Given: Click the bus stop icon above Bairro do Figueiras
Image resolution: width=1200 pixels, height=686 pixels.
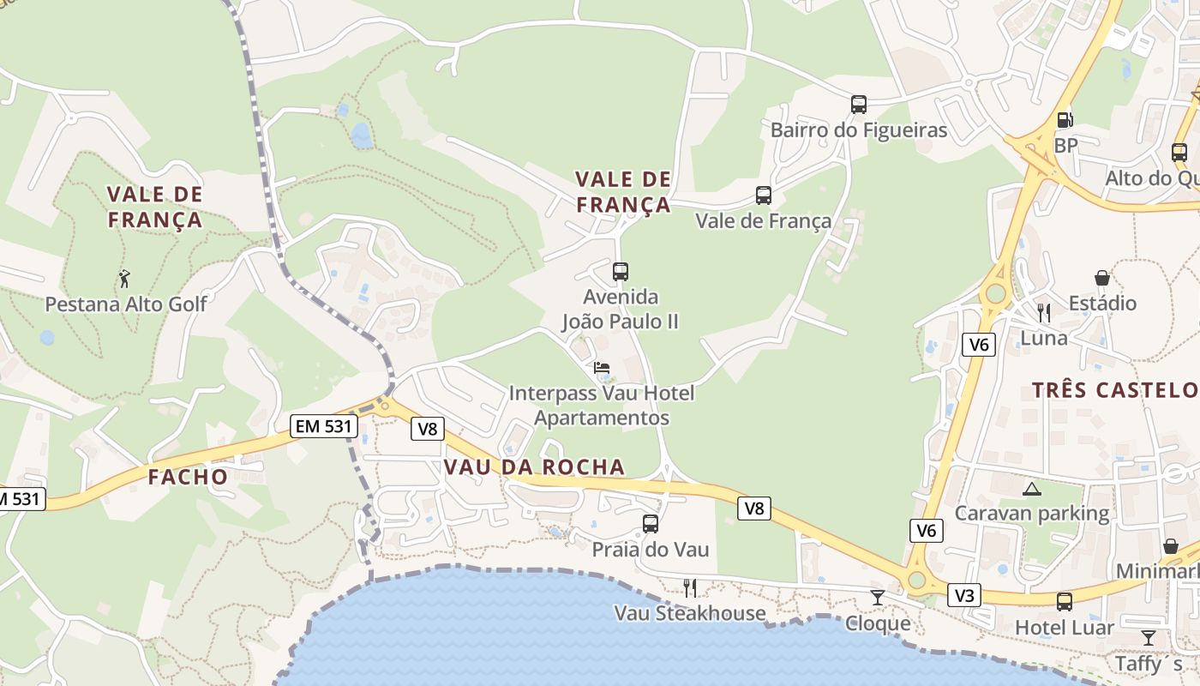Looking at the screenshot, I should click(x=859, y=105).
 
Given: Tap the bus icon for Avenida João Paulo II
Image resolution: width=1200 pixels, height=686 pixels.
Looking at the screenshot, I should click(x=621, y=272).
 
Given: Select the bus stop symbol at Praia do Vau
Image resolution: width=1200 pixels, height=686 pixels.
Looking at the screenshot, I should click(x=651, y=523).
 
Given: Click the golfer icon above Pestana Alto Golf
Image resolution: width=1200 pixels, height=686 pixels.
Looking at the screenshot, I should click(x=125, y=279).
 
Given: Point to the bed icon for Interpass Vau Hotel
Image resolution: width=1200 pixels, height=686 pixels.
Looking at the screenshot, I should click(x=602, y=368).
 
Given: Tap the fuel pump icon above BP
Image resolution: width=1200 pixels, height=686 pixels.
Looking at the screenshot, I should click(x=1065, y=121).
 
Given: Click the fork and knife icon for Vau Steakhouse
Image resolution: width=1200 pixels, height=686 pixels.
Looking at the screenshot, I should click(x=689, y=587).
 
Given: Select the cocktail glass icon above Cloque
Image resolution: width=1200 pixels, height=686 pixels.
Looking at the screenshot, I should click(x=877, y=597).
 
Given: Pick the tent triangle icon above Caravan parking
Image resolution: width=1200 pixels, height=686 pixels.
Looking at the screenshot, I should click(x=1031, y=489).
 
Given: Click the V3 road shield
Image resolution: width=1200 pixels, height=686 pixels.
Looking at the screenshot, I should click(x=964, y=595).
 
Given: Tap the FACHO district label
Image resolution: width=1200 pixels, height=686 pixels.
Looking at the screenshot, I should click(x=189, y=477).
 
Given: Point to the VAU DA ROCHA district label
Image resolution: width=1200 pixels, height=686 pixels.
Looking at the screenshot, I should click(x=535, y=467).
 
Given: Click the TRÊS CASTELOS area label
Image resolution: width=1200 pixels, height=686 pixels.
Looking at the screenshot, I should click(x=1114, y=390).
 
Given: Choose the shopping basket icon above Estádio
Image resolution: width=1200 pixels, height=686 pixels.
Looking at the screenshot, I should click(x=1102, y=278).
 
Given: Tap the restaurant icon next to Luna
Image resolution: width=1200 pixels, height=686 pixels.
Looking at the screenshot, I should click(x=1043, y=312).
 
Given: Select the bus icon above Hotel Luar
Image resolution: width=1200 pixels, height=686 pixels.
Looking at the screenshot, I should click(x=1065, y=602).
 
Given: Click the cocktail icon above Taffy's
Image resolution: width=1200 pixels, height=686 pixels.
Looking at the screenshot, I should click(x=1148, y=637).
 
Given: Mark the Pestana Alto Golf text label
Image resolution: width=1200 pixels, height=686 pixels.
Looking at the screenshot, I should click(x=126, y=304).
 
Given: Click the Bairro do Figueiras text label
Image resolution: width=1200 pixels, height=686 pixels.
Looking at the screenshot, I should click(x=859, y=130).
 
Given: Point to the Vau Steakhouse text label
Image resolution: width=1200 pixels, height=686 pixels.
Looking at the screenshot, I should click(x=690, y=613).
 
